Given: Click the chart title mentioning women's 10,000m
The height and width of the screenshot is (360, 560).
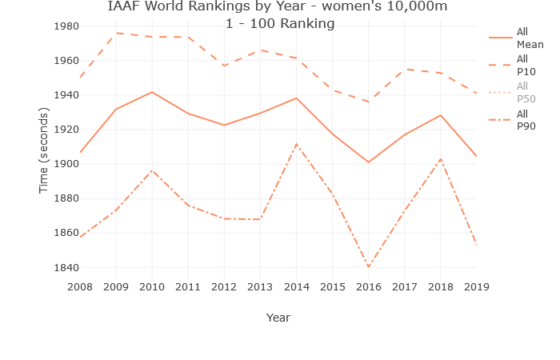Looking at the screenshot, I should point(278,7).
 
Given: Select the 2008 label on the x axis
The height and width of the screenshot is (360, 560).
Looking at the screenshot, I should point(80,286).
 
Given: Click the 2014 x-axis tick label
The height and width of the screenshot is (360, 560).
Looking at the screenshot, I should point(296,286).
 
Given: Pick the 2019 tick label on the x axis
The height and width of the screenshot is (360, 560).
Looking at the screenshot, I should point(476,286).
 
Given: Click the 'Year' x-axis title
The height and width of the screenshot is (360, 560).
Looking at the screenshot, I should point(278,318).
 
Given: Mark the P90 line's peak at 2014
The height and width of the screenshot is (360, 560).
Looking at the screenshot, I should point(296,145).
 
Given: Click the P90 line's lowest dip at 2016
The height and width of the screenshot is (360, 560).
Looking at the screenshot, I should point(369,266).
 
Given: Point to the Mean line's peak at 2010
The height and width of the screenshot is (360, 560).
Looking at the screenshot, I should point(152,92).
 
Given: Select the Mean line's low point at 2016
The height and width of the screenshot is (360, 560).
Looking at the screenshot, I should point(369,162).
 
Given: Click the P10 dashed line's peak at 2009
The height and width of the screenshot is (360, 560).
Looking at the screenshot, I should point(116,33).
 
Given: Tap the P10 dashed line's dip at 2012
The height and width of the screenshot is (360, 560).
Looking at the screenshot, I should point(224,66).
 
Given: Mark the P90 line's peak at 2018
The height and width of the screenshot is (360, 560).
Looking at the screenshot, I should point(440,159).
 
